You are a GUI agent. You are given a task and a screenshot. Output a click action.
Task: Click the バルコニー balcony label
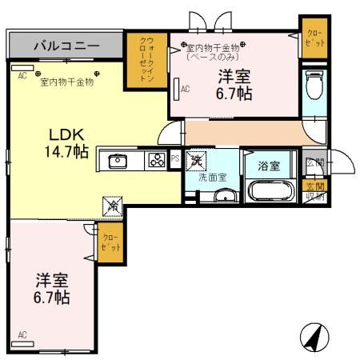[66, 46]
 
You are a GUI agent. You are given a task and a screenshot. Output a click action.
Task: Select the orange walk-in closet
[146, 58]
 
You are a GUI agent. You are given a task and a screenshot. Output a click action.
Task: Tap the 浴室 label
[268, 166]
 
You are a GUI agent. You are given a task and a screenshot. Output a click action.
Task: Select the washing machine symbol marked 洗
[196, 162]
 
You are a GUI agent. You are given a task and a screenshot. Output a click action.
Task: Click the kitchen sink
[118, 161]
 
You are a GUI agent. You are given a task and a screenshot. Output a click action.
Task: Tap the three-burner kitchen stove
[155, 161]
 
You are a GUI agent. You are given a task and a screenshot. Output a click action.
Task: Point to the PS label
[176, 160]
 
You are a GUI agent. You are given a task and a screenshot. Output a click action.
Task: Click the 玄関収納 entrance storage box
[315, 192]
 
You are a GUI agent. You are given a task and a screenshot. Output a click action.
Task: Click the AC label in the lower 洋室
[22, 334]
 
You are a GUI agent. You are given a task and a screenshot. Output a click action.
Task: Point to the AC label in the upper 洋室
[186, 90]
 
